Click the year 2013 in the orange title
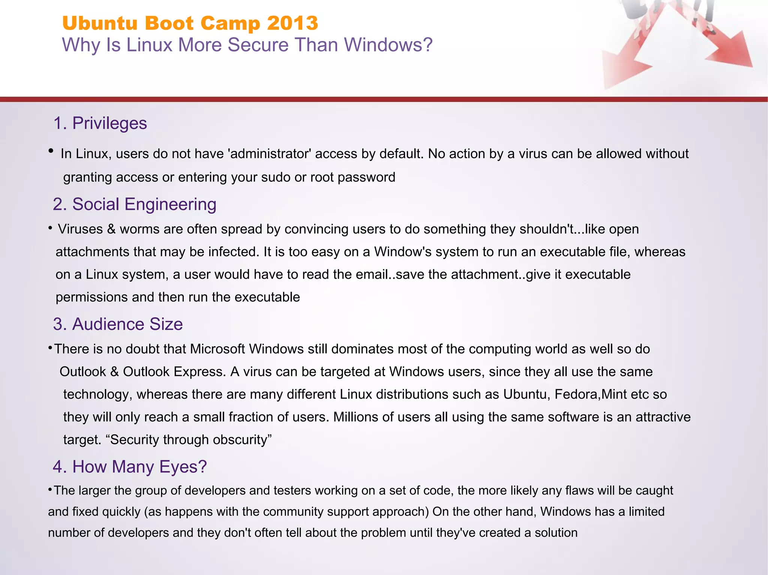tap(292, 23)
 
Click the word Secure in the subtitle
tap(258, 45)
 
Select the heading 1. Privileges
tap(100, 123)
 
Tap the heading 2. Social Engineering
tap(135, 205)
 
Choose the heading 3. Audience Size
tap(118, 324)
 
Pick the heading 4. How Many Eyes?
tap(130, 467)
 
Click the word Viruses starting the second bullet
tap(80, 229)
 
